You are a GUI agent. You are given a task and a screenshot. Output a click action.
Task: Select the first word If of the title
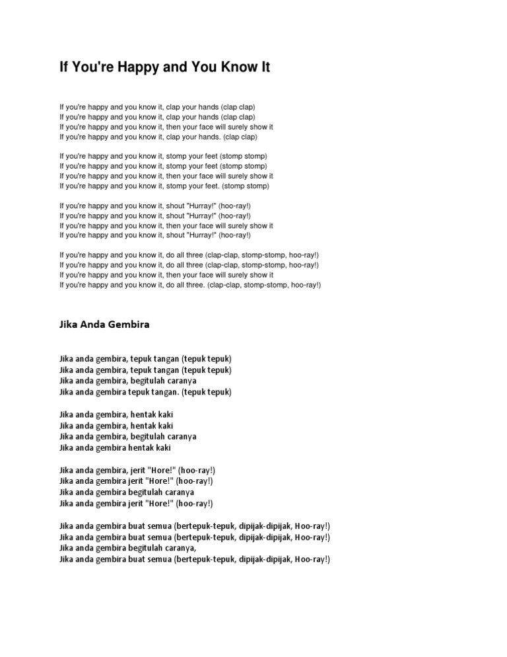point(64,67)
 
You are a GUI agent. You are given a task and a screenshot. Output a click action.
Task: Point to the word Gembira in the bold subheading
point(131,325)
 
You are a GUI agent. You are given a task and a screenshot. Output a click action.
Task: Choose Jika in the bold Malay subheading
point(69,325)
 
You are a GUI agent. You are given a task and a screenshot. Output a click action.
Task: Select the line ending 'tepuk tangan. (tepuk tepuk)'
point(145,392)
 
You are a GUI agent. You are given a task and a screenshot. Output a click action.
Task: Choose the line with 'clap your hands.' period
point(158,137)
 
